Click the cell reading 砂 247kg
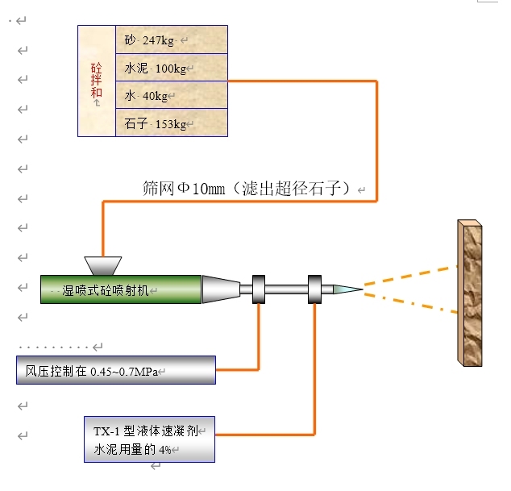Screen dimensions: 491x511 [x=171, y=40]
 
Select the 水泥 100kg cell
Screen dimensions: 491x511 [x=171, y=68]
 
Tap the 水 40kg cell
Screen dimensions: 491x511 [x=171, y=96]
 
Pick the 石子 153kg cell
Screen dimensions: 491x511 [x=171, y=123]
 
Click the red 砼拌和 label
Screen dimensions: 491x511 [x=97, y=81]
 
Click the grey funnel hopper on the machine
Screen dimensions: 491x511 [x=102, y=265]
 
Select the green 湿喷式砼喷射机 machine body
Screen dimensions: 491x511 [x=121, y=289]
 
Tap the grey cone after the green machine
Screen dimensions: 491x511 [x=220, y=289]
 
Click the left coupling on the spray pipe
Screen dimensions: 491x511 [x=259, y=289]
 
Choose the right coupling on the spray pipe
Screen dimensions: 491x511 [x=314, y=289]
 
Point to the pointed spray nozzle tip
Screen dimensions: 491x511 [x=347, y=288]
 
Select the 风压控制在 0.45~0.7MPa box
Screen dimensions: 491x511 [x=116, y=370]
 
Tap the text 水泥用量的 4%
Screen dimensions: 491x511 [x=133, y=449]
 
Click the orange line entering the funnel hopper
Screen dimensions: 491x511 [x=103, y=230]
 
